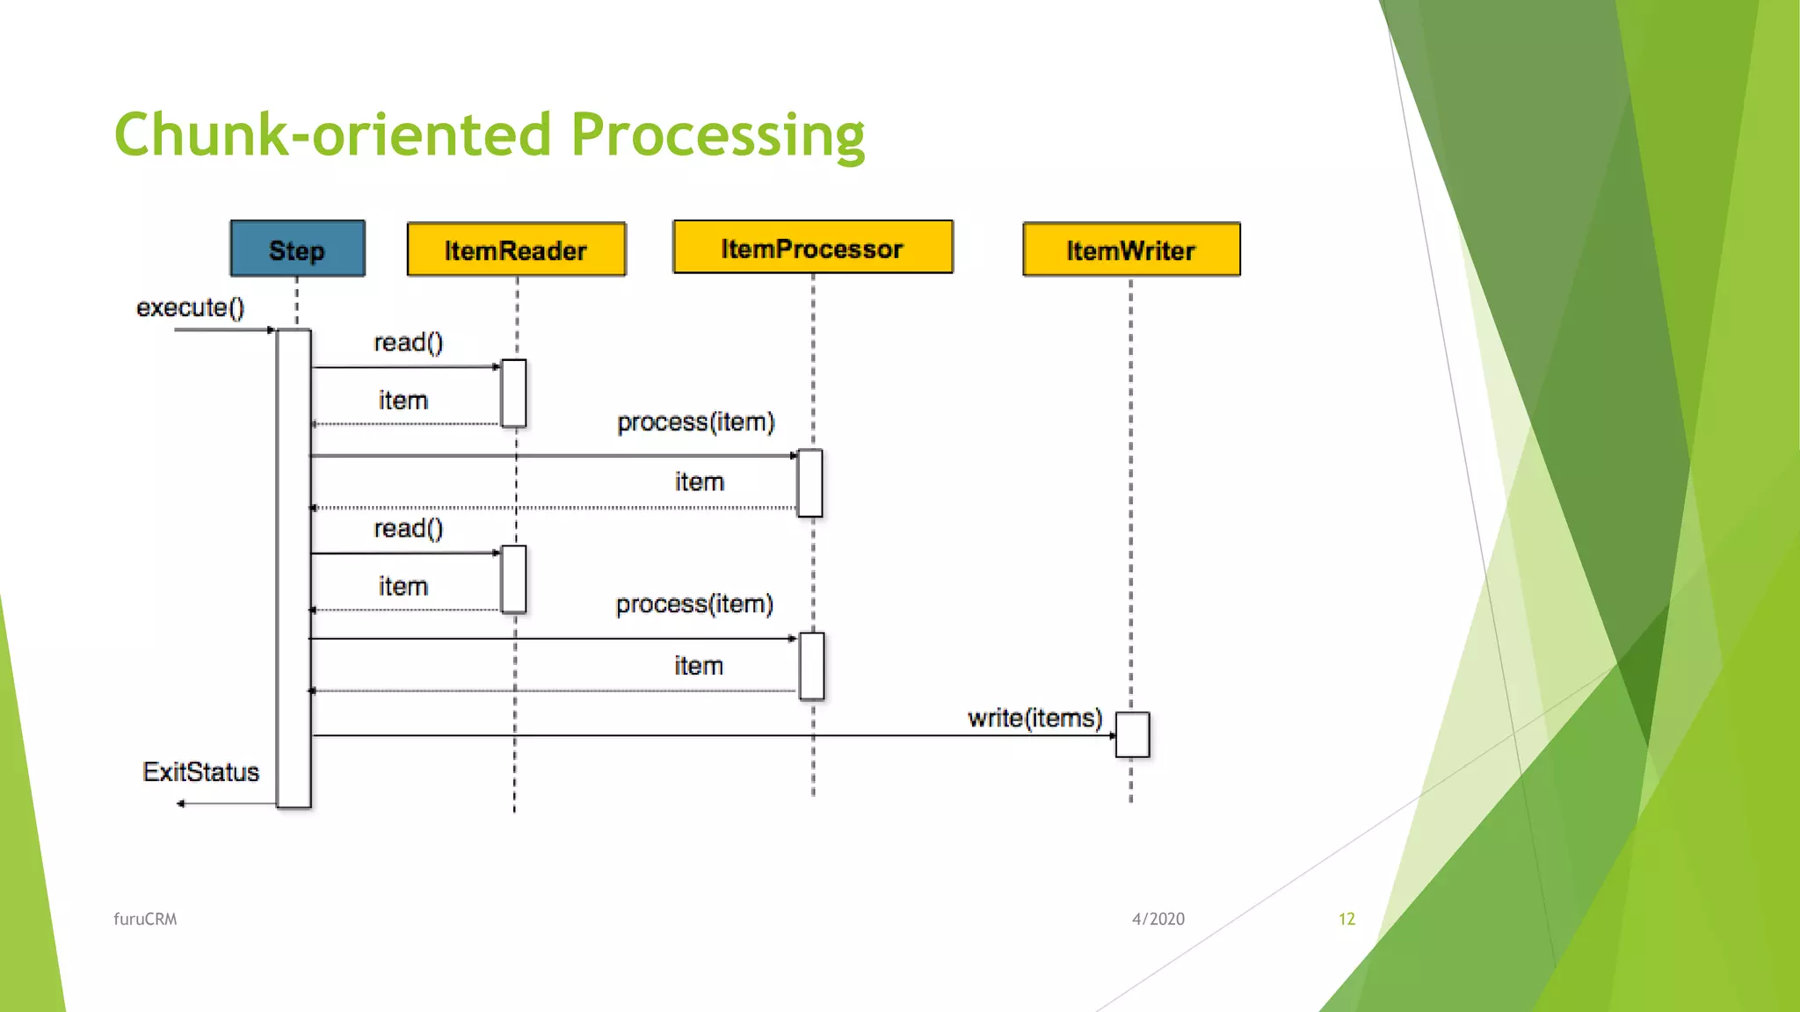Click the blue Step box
(297, 249)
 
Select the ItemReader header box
(516, 250)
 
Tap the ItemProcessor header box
(812, 248)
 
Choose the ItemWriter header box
(1131, 250)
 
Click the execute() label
(190, 307)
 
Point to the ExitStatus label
(200, 771)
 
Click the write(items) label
(1034, 718)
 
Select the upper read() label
(409, 342)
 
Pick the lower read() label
(409, 528)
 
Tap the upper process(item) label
(695, 422)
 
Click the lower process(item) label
(694, 604)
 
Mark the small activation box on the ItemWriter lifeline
(1132, 734)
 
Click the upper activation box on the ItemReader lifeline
(513, 393)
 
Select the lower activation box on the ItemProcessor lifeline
(811, 666)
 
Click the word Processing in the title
(717, 135)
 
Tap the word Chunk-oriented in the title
(332, 135)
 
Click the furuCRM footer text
(145, 919)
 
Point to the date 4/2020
(1158, 919)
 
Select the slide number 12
(1346, 919)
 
